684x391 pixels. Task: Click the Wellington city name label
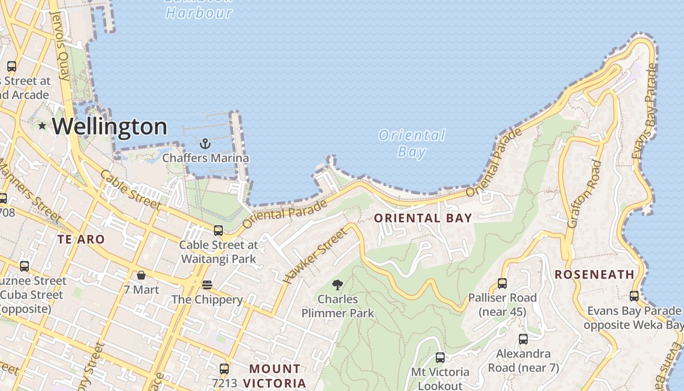point(109,127)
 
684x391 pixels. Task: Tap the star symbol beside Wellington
point(43,126)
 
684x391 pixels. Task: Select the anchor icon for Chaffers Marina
point(205,144)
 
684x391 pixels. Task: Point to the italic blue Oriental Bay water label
point(412,143)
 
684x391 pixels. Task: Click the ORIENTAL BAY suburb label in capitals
point(423,218)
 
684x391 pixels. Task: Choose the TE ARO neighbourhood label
point(81,239)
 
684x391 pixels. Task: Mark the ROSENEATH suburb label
point(595,275)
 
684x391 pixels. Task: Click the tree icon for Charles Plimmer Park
point(337,285)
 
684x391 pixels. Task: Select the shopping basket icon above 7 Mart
point(141,275)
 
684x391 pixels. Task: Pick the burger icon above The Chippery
point(207,285)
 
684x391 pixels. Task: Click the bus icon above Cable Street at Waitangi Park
point(218,230)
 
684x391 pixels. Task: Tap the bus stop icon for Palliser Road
point(502,283)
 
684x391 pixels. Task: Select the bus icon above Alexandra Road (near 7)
point(523,339)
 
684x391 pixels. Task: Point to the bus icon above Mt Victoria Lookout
point(440,358)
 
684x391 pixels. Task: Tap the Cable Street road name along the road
point(130,190)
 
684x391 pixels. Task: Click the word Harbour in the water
point(199,13)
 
